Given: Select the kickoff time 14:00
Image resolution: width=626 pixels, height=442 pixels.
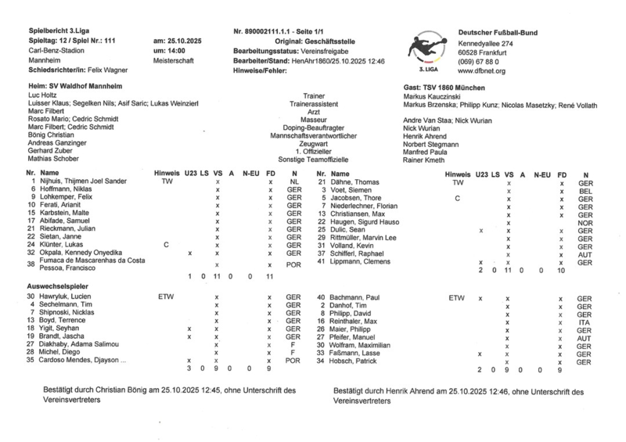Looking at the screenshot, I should click(164, 49).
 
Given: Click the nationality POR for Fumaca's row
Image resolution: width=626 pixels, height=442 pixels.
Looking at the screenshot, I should click(293, 265).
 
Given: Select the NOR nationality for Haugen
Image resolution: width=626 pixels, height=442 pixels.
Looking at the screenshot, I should click(584, 223).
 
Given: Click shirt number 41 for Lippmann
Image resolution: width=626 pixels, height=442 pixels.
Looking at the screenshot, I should click(321, 261).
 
